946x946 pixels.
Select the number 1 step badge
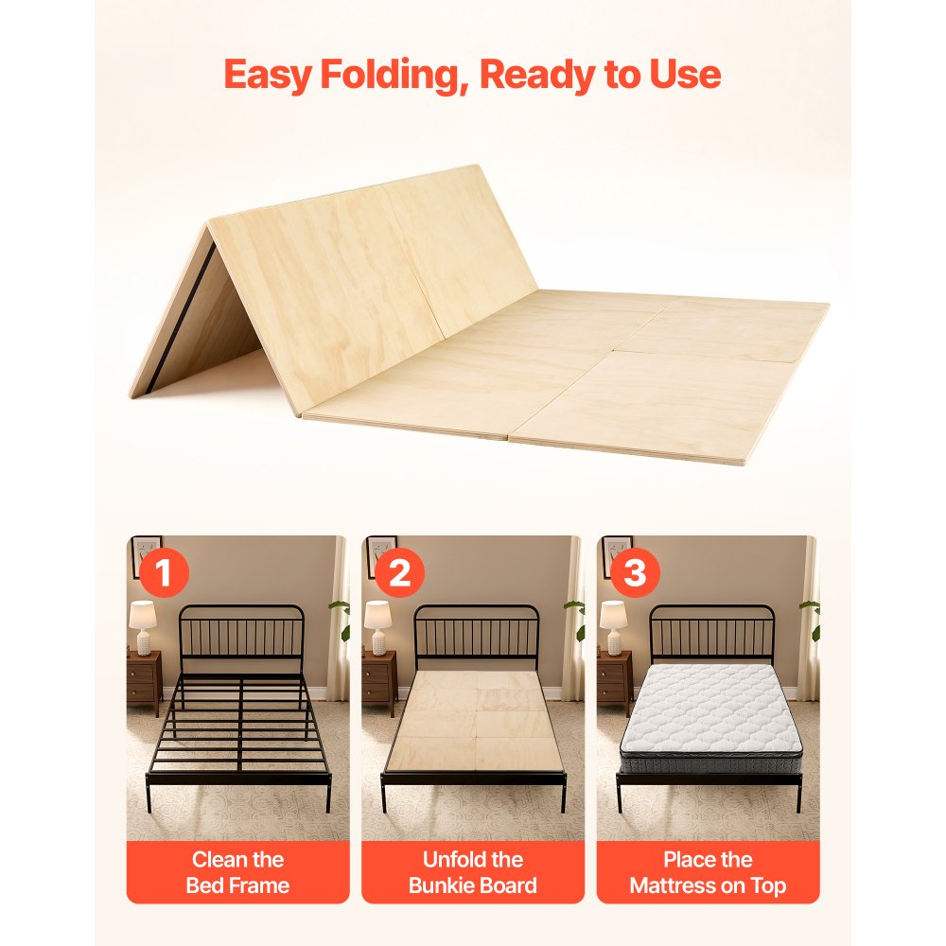(164, 572)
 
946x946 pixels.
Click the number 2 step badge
(399, 572)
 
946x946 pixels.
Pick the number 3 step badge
(634, 572)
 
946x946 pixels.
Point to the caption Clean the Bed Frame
(237, 872)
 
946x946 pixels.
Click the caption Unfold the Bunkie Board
(473, 872)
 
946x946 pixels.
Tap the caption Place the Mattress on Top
(708, 872)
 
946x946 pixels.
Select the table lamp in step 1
(143, 627)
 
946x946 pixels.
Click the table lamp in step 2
(377, 627)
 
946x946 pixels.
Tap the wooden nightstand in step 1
(144, 678)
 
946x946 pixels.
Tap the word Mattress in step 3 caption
(672, 885)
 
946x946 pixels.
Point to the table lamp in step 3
(614, 627)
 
